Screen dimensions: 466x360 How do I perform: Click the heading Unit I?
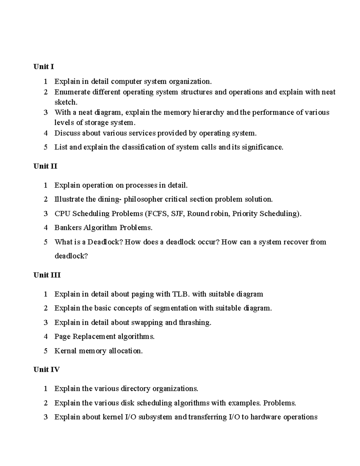(43, 67)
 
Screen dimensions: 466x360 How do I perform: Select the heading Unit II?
(45, 166)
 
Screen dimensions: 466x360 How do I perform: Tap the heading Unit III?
(47, 275)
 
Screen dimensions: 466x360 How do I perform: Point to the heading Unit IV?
(46, 370)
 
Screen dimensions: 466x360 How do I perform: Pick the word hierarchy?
(208, 113)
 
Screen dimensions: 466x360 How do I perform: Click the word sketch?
(66, 102)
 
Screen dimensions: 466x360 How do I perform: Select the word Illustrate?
(69, 199)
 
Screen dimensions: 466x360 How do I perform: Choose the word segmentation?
(175, 308)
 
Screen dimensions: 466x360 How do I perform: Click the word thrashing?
(195, 323)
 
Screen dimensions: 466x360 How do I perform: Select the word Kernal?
(65, 351)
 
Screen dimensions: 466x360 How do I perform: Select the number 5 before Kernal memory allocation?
(46, 351)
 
